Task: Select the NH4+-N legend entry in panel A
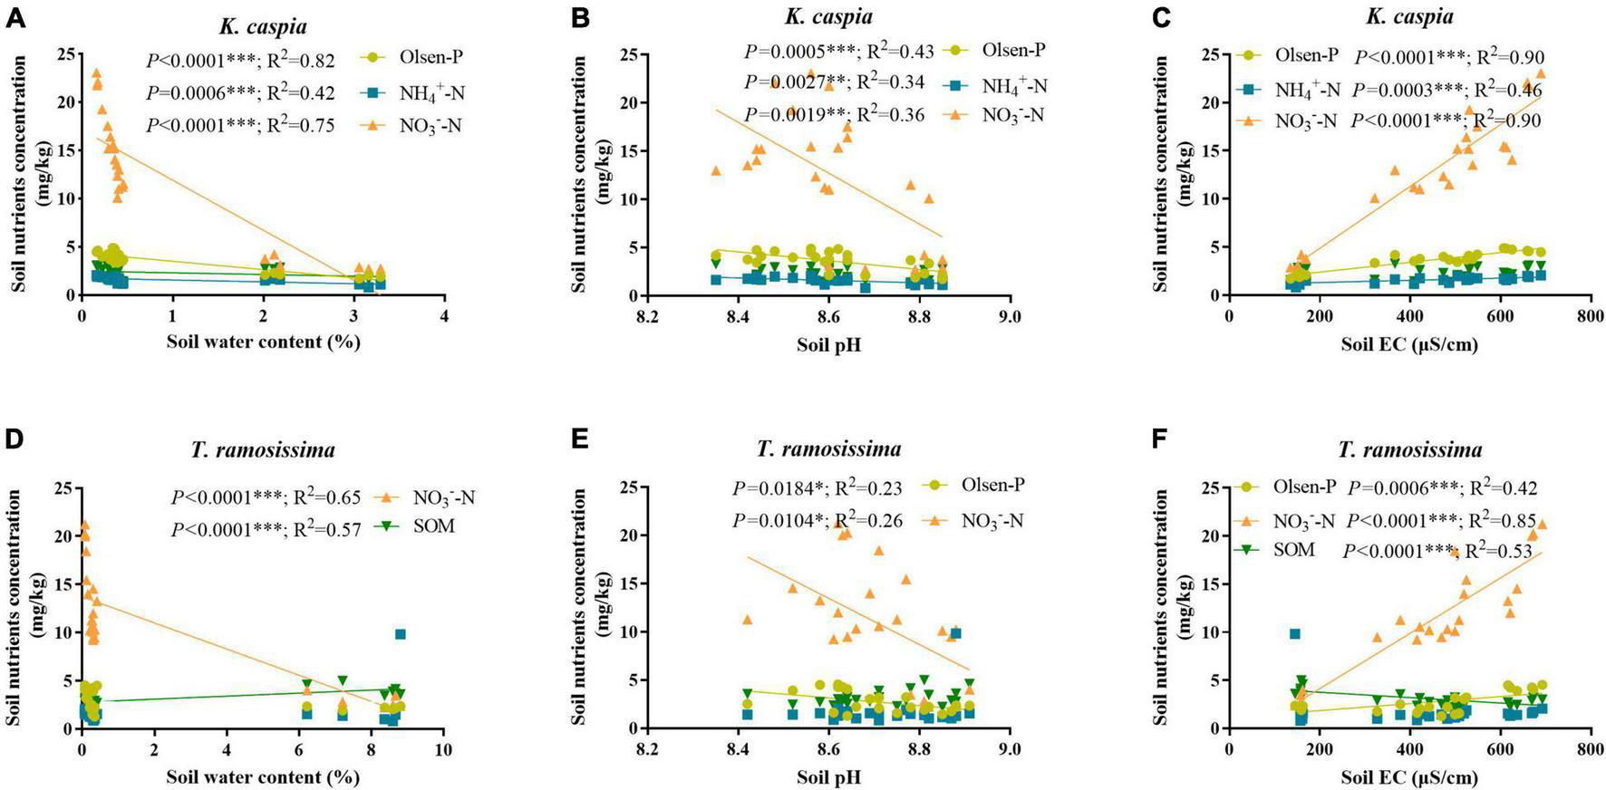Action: point(431,92)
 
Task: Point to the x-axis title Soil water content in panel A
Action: point(263,342)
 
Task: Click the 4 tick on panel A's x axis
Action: point(444,316)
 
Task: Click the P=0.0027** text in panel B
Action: point(791,83)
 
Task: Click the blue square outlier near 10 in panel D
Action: point(401,634)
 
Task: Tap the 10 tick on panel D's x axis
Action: point(443,750)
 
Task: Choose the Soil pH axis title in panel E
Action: point(828,776)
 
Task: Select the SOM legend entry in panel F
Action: point(1295,550)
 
